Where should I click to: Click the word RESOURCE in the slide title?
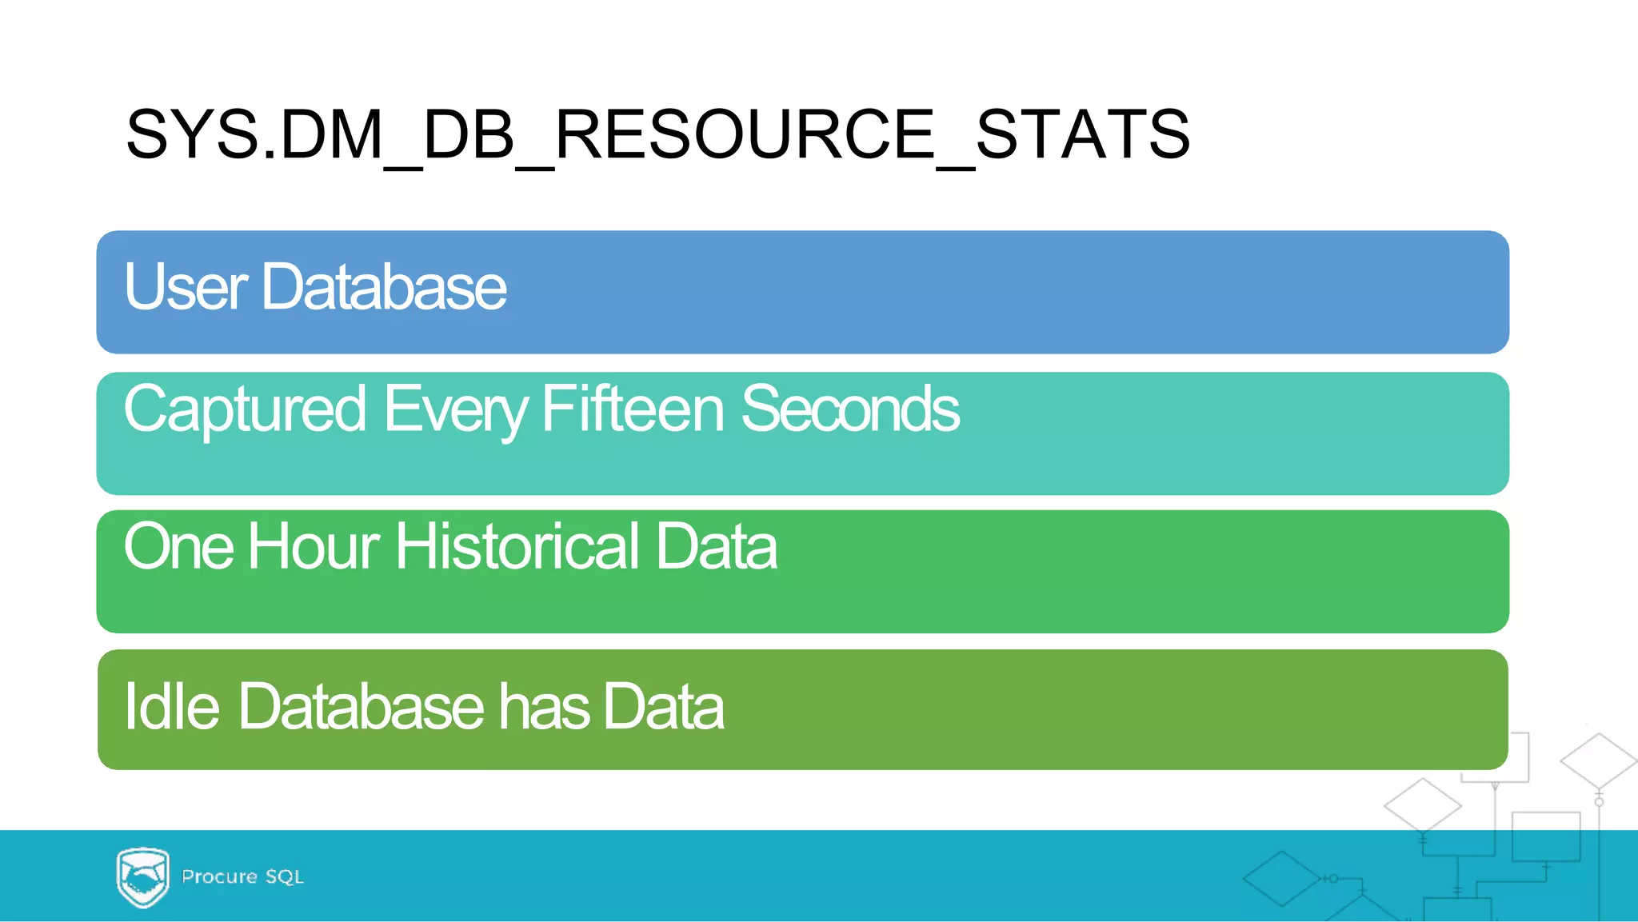pyautogui.click(x=744, y=134)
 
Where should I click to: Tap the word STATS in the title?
pyautogui.click(x=1083, y=134)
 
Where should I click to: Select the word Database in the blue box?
pyautogui.click(x=384, y=287)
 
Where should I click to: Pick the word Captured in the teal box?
pyautogui.click(x=245, y=409)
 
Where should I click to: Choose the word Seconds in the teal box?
pyautogui.click(x=849, y=409)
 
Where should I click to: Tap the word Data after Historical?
pyautogui.click(x=716, y=547)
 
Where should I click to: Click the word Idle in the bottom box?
pyautogui.click(x=171, y=707)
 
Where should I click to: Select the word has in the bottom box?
pyautogui.click(x=545, y=707)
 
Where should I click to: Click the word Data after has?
pyautogui.click(x=664, y=707)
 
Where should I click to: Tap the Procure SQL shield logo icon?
pyautogui.click(x=142, y=876)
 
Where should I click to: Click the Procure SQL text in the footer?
pyautogui.click(x=242, y=876)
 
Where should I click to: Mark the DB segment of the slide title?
pyautogui.click(x=468, y=134)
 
